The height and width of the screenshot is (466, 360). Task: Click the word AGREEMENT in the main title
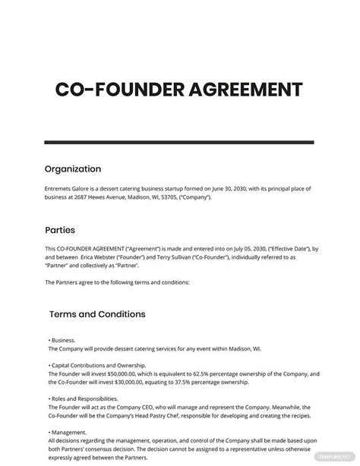[x=240, y=92]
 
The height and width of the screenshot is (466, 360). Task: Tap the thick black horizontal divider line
[x=179, y=142]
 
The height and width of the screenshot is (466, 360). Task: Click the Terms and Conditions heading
[x=97, y=313]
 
